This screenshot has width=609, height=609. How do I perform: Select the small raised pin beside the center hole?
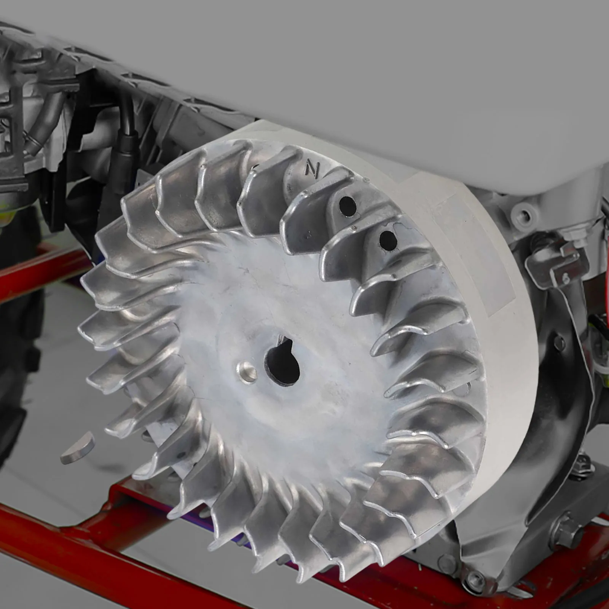click(x=246, y=369)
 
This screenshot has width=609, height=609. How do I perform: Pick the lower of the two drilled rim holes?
click(x=387, y=239)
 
